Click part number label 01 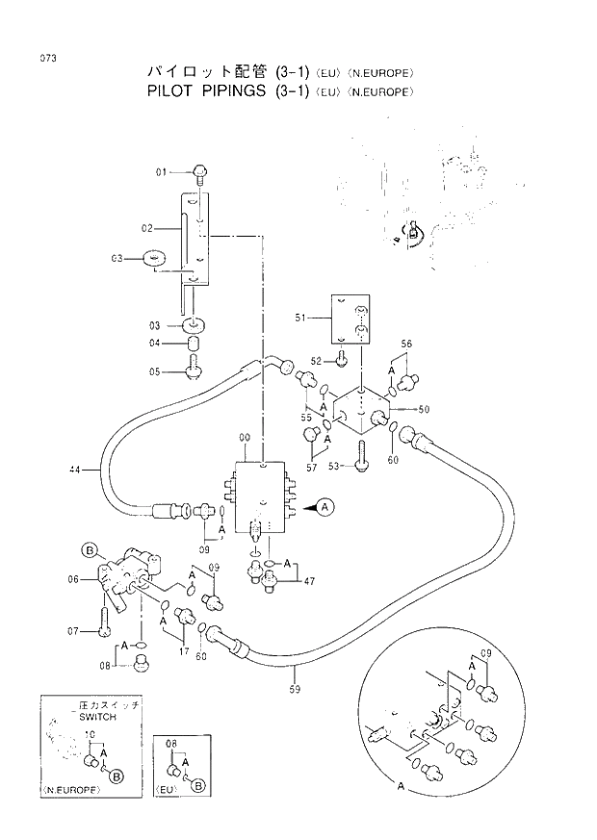163,172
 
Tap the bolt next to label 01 198,173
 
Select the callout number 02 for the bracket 147,228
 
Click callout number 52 313,360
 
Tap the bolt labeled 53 362,464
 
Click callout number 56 406,344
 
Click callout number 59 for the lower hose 296,688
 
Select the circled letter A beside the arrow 325,505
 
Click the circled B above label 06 90,550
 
